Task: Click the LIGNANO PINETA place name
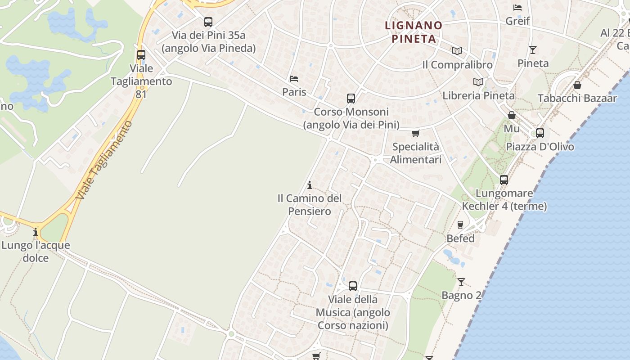tap(414, 31)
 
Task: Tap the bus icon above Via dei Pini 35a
tap(208, 22)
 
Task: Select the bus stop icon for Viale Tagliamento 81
tap(141, 55)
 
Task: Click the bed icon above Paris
tap(294, 79)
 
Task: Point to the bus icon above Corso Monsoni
tap(351, 98)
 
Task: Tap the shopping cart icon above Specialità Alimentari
tap(415, 133)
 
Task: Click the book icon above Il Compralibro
tap(457, 51)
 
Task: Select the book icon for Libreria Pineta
tap(478, 82)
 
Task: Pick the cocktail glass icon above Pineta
tap(533, 49)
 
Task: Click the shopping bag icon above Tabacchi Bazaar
tap(577, 85)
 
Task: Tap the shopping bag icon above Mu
tap(511, 115)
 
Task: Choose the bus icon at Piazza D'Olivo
tap(540, 133)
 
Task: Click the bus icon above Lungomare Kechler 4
tap(504, 180)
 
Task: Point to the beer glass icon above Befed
tap(460, 225)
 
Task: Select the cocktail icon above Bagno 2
tap(461, 282)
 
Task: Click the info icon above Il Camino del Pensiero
tap(309, 185)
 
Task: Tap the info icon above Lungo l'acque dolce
tap(36, 232)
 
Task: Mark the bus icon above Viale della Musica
tap(353, 286)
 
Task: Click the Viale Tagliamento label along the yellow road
tap(104, 160)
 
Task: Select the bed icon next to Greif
tap(517, 8)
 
